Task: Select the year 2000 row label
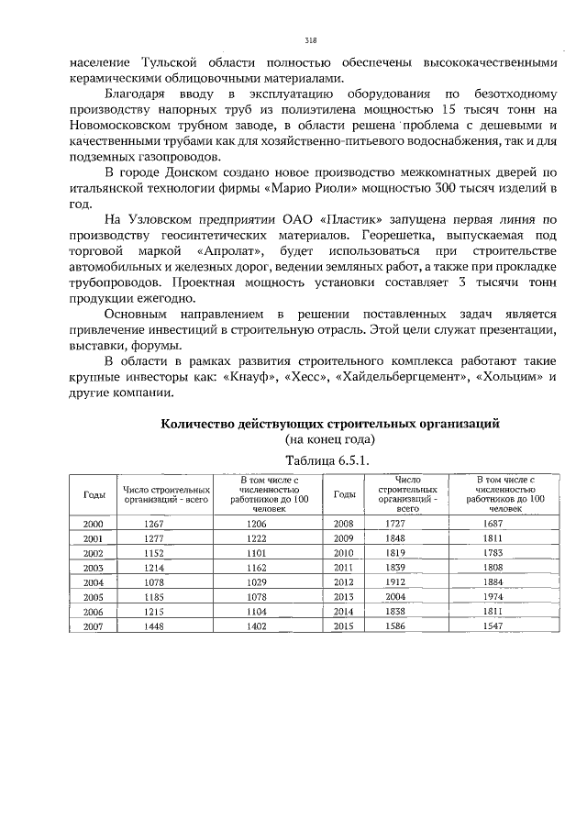point(93,524)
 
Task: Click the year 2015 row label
point(345,626)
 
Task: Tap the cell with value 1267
point(154,524)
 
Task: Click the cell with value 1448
point(154,626)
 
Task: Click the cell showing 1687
point(505,524)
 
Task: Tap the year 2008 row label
point(345,524)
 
